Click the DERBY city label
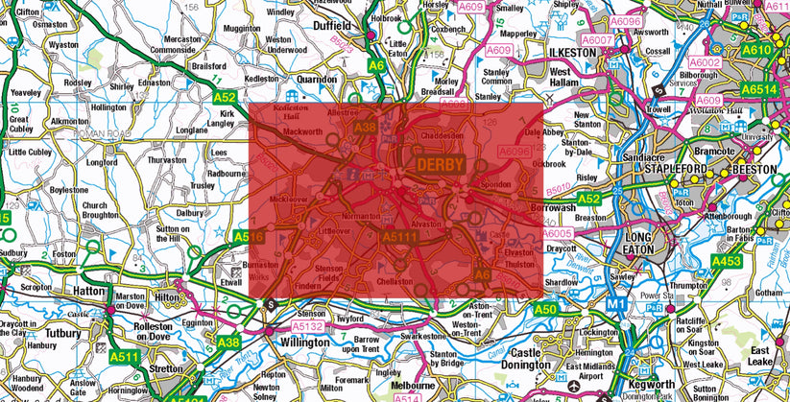tap(441, 165)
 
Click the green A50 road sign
tap(545, 309)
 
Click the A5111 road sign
tap(400, 237)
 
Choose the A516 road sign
tap(249, 236)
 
